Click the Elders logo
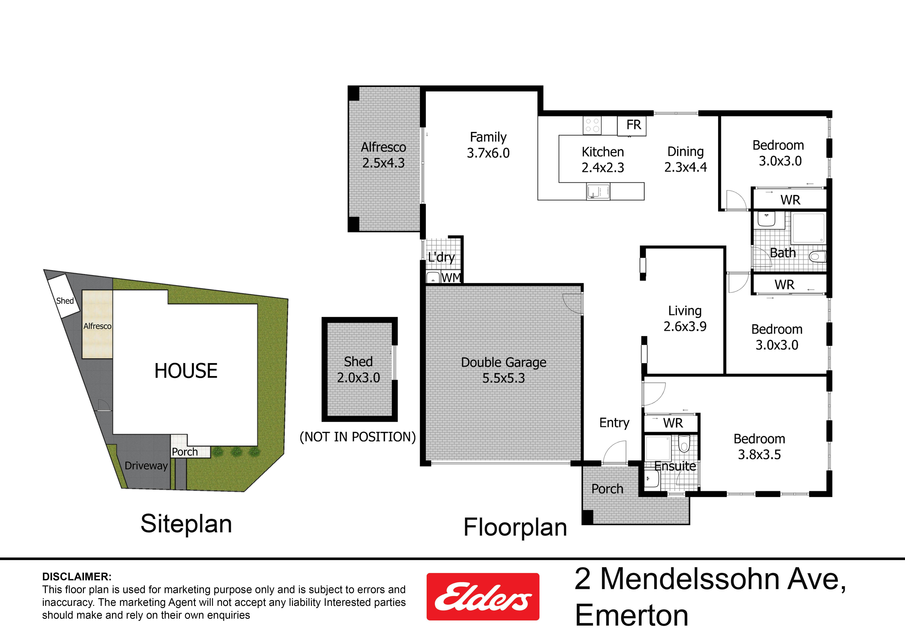click(483, 597)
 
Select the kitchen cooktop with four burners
click(592, 125)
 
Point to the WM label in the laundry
click(451, 278)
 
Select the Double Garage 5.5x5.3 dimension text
click(504, 378)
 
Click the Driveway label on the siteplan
click(146, 466)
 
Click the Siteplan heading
click(186, 524)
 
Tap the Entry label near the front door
click(614, 423)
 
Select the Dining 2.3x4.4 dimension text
click(685, 167)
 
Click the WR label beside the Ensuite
click(673, 423)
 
